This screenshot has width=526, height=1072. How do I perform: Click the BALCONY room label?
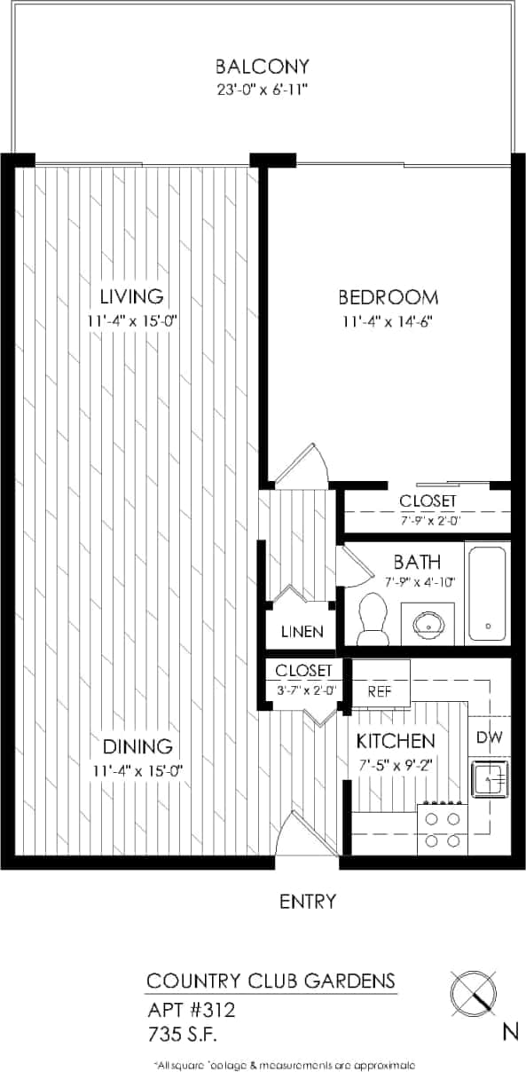pyautogui.click(x=263, y=66)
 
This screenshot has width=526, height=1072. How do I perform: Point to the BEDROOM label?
pyautogui.click(x=389, y=297)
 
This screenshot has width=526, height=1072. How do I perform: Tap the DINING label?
pyautogui.click(x=137, y=746)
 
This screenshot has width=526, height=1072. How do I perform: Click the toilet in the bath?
pyautogui.click(x=373, y=619)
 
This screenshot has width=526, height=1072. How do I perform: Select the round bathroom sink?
pyautogui.click(x=428, y=624)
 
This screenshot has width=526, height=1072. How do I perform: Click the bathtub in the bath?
pyautogui.click(x=487, y=592)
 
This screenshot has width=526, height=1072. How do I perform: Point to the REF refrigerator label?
pyautogui.click(x=381, y=692)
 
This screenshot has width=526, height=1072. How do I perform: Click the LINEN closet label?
pyautogui.click(x=302, y=633)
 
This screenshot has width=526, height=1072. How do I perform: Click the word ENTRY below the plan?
pyautogui.click(x=308, y=902)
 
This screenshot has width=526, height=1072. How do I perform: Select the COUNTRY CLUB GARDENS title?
pyautogui.click(x=270, y=981)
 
